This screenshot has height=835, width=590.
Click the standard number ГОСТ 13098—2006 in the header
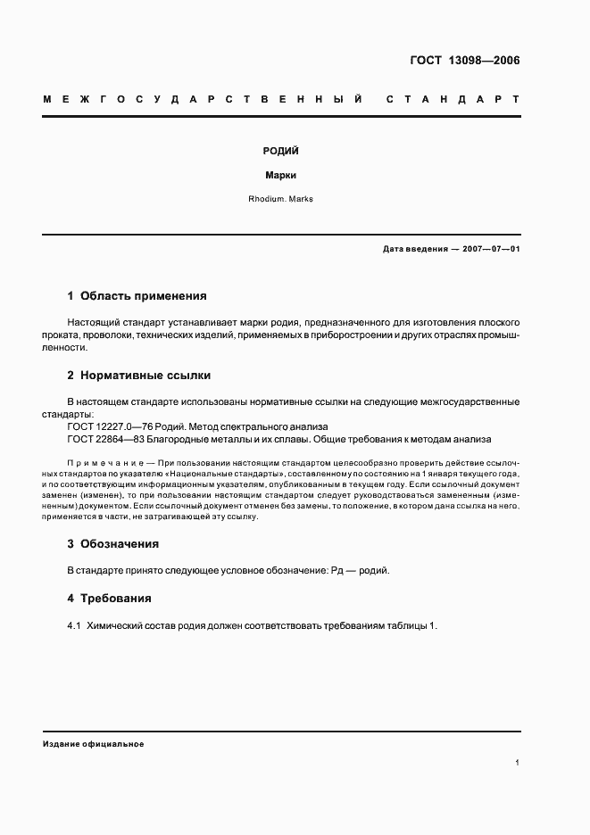pyautogui.click(x=464, y=62)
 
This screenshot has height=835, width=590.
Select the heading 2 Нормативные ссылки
pyautogui.click(x=139, y=376)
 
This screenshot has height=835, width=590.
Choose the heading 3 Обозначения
pyautogui.click(x=113, y=543)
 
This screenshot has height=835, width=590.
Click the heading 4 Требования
pyautogui.click(x=110, y=598)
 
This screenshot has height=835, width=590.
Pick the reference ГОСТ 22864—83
pyautogui.click(x=103, y=439)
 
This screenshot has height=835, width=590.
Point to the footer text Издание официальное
pyautogui.click(x=93, y=743)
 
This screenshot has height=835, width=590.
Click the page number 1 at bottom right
pyautogui.click(x=517, y=763)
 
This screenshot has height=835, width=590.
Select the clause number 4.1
pyautogui.click(x=75, y=625)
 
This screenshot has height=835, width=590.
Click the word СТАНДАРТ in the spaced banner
pyautogui.click(x=452, y=99)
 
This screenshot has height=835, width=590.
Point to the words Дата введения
pyautogui.click(x=414, y=249)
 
